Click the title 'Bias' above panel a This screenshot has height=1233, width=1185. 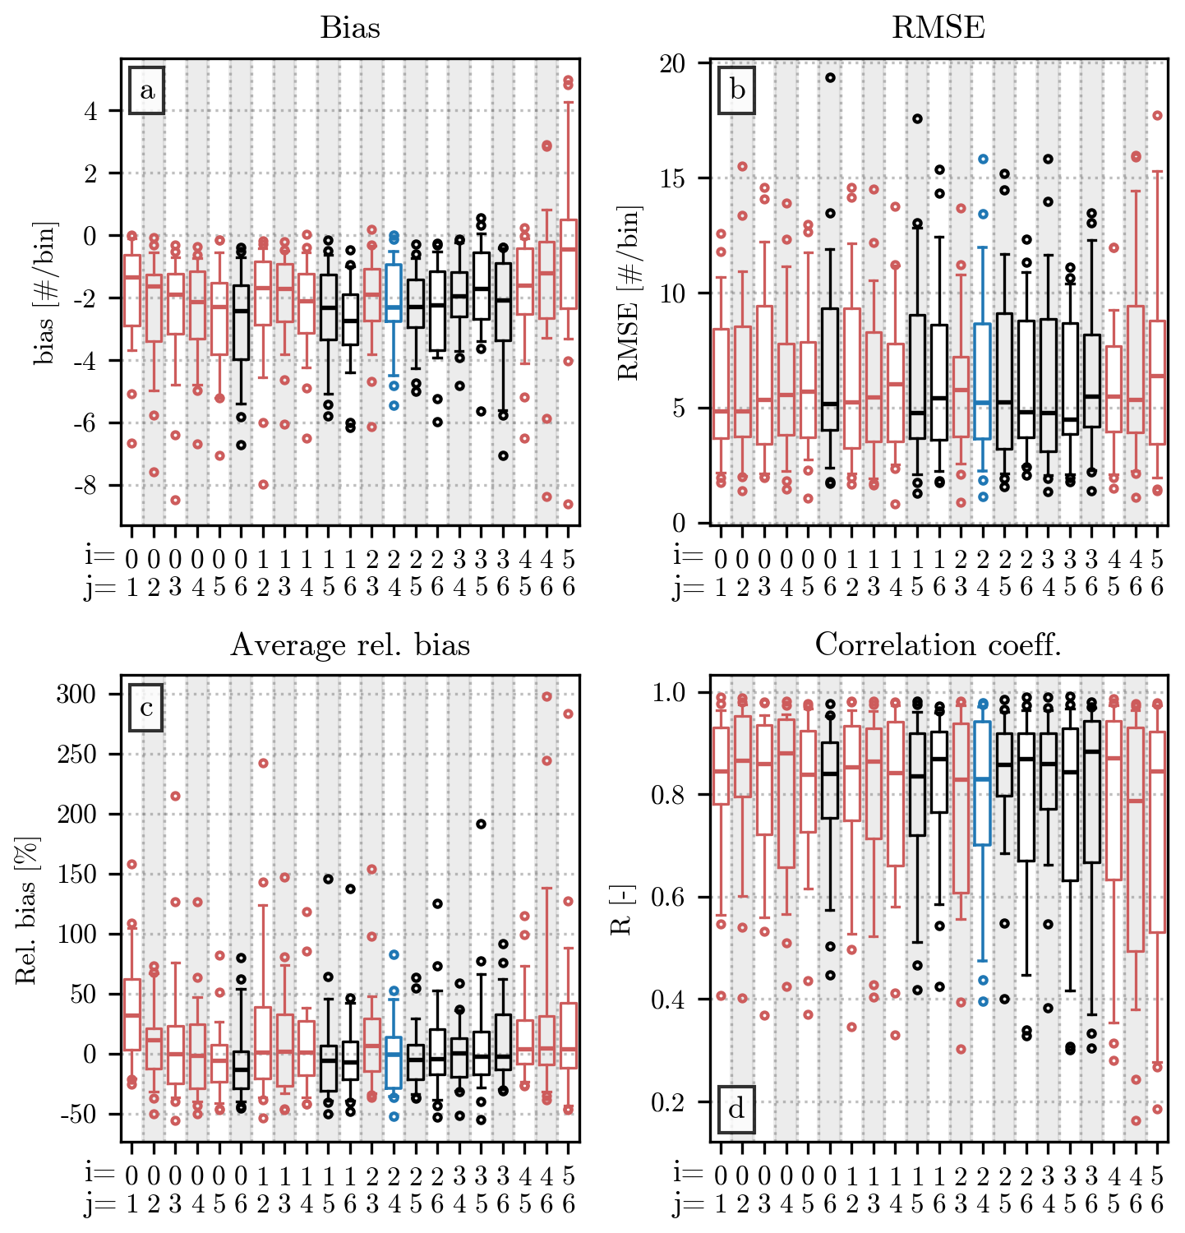[x=350, y=28]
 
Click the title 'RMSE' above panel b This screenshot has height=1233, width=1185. [x=938, y=28]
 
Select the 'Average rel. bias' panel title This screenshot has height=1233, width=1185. [x=350, y=645]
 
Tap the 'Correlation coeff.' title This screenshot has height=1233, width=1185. [x=938, y=645]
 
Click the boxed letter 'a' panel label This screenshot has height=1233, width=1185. [x=147, y=90]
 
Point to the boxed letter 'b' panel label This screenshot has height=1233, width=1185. [x=737, y=90]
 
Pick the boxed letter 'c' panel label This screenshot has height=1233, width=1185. [x=146, y=708]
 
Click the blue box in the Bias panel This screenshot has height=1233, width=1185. [x=394, y=293]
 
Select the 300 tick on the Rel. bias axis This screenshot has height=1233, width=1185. [x=76, y=695]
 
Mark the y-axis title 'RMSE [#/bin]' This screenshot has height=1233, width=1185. [x=629, y=293]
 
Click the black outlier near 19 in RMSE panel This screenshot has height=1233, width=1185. [x=831, y=78]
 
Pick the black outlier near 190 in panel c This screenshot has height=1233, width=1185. [x=482, y=824]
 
